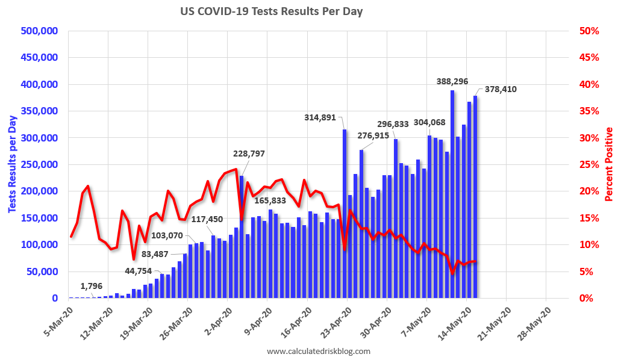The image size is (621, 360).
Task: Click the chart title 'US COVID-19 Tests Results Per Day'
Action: point(272,11)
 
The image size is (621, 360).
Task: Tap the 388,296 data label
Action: point(452,81)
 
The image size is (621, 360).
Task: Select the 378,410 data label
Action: point(501,89)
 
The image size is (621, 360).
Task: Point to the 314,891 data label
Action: point(320,117)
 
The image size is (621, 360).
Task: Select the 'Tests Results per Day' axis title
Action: point(12,164)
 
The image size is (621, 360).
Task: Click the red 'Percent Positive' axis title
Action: point(609,164)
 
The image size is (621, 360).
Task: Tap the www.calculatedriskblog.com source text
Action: point(319,351)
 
